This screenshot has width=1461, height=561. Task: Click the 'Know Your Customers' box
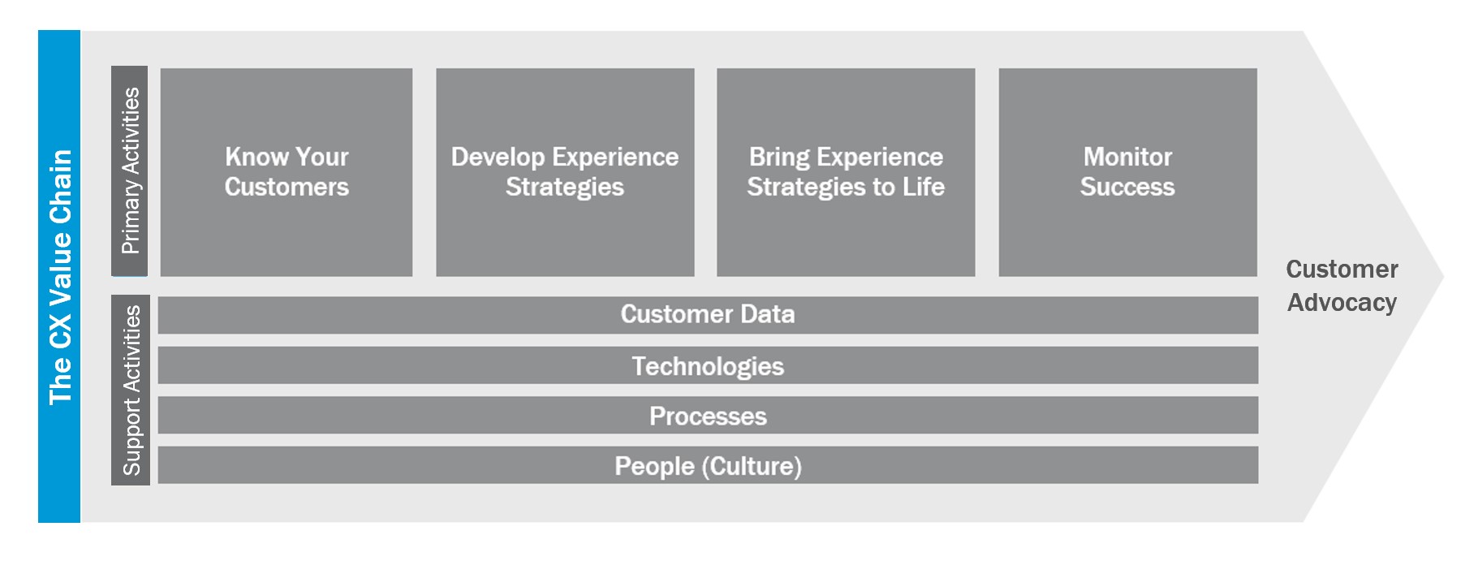(287, 172)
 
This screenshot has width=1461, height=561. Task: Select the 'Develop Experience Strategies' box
(565, 172)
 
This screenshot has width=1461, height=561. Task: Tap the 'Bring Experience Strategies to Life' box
(846, 172)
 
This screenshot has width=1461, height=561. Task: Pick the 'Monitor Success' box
(1127, 172)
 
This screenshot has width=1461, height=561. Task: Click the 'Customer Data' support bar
(708, 315)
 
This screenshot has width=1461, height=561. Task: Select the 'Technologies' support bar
(708, 365)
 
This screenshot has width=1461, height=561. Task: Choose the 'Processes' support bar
(708, 415)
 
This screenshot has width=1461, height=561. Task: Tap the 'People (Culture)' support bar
(708, 465)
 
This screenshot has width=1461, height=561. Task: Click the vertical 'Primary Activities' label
(130, 171)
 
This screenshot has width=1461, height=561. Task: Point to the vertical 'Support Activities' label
(130, 390)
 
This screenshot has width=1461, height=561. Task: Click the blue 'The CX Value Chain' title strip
(59, 276)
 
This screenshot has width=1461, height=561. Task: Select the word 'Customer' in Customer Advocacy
(1342, 269)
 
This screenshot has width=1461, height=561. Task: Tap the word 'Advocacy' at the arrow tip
(1342, 303)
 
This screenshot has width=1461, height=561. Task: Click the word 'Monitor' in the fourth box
(1127, 157)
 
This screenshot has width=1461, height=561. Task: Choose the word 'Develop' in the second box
(498, 158)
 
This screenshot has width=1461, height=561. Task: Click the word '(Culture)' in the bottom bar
(752, 466)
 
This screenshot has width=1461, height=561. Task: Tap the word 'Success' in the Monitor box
(1127, 187)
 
